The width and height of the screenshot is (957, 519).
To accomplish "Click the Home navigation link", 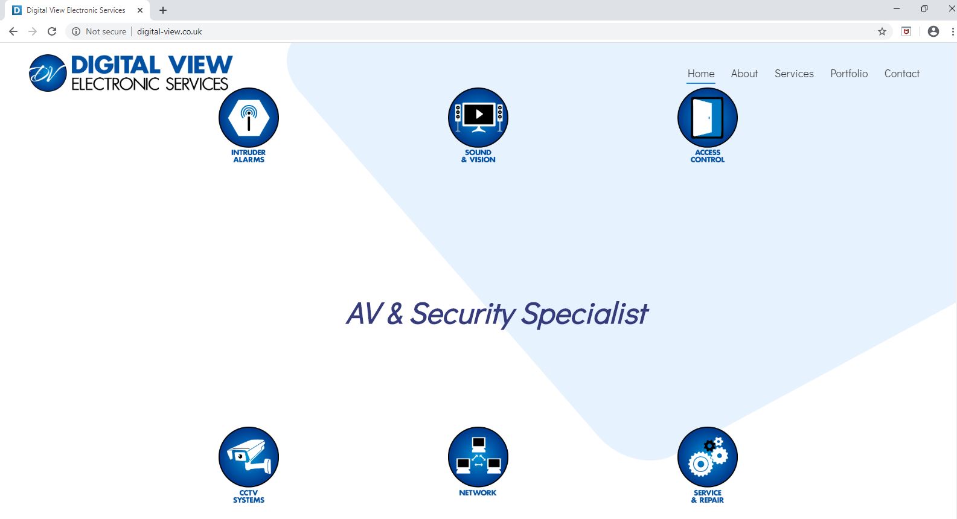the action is click(700, 74).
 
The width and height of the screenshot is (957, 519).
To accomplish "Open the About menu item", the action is click(744, 74).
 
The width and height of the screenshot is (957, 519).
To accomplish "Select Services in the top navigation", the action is click(794, 74).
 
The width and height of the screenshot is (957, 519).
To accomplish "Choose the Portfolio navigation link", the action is click(849, 74).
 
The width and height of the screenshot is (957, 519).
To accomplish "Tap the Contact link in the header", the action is click(902, 74).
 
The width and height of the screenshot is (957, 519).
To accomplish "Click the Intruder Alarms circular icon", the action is click(249, 118).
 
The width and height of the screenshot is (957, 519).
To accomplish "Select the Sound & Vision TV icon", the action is click(478, 118).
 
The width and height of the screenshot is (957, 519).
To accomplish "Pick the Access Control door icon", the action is click(708, 118).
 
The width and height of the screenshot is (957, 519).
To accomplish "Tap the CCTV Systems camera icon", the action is click(249, 457).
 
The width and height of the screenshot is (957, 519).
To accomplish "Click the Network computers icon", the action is click(478, 457).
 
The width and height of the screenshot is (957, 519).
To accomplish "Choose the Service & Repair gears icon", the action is click(708, 457).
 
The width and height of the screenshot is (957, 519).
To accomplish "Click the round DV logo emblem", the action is click(48, 73).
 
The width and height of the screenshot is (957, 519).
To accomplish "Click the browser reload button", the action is click(52, 31).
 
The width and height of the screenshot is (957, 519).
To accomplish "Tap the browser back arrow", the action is click(13, 31).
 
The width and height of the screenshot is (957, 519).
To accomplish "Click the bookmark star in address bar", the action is click(882, 31).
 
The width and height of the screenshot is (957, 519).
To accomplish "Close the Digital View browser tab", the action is click(139, 10).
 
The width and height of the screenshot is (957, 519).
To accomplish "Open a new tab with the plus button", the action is click(163, 10).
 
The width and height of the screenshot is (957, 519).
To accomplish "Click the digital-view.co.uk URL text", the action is click(169, 31).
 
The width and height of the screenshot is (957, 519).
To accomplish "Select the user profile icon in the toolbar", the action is click(933, 31).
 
